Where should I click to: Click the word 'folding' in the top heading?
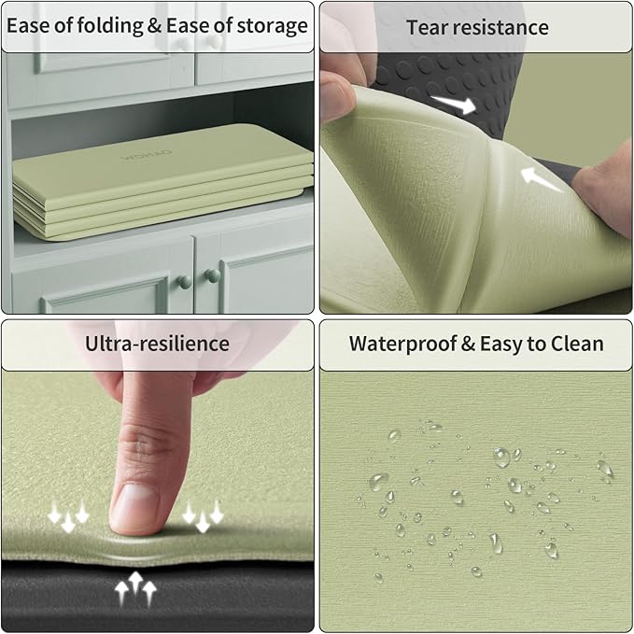click(x=109, y=26)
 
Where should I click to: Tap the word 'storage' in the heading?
click(x=272, y=26)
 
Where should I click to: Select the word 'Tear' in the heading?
click(x=426, y=27)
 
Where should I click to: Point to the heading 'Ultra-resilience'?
click(x=157, y=344)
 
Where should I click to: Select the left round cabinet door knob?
click(x=184, y=282)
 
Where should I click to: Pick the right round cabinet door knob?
click(x=212, y=275)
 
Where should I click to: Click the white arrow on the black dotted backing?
click(x=453, y=105)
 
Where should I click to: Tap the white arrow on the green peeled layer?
click(x=541, y=179)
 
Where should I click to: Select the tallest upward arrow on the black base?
click(x=135, y=583)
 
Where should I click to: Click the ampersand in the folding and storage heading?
click(x=154, y=27)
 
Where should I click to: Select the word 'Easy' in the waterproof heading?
click(x=500, y=345)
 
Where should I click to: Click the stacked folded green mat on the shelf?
click(x=162, y=182)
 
